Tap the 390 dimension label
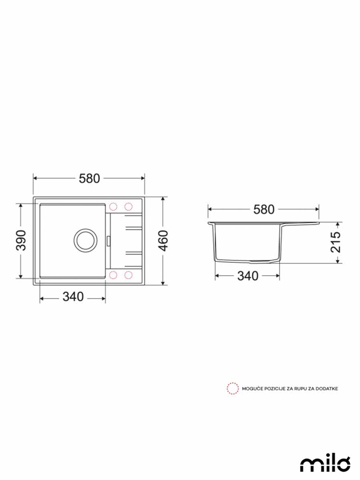(x=21, y=240)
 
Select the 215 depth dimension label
(x=336, y=242)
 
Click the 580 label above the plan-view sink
(x=89, y=179)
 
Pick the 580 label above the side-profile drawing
(x=264, y=210)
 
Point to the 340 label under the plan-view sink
(x=73, y=297)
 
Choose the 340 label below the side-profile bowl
(x=248, y=276)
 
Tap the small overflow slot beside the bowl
(x=108, y=240)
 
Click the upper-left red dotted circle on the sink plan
(x=113, y=206)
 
